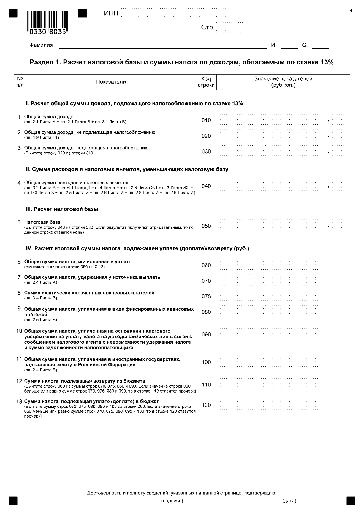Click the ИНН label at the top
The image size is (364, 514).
[111, 14]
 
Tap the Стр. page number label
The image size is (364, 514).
[208, 28]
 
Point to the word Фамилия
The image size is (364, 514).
[41, 45]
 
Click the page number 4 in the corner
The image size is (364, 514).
[351, 11]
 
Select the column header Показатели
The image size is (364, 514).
[111, 82]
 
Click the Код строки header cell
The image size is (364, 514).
[206, 82]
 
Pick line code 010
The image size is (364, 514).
[206, 121]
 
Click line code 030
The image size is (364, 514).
[206, 151]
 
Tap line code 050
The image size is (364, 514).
[206, 226]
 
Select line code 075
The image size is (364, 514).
[206, 296]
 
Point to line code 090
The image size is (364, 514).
[206, 335]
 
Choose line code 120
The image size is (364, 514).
[206, 405]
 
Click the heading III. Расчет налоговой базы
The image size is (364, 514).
[62, 209]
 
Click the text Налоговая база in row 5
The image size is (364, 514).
[42, 222]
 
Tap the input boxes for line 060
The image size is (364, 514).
[272, 265]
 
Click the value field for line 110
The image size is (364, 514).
[272, 385]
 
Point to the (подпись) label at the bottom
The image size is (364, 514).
[172, 501]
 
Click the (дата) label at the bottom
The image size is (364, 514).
[289, 501]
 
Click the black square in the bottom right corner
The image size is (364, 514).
[351, 501]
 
